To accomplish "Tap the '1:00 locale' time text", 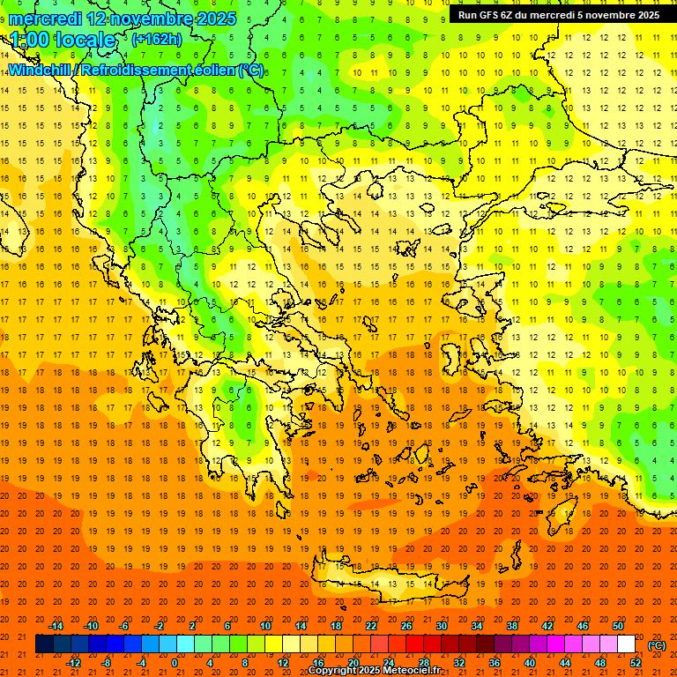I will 63,40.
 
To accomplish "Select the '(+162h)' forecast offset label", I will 157,40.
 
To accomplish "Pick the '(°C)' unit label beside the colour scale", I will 657,645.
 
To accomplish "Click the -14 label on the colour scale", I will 57,626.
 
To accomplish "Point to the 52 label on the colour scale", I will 636,663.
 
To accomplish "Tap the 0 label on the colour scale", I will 175,663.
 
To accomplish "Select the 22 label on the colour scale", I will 371,626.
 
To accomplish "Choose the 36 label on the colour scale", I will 494,663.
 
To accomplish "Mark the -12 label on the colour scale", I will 73,663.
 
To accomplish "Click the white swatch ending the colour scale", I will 627,644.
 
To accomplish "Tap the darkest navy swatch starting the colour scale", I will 44,644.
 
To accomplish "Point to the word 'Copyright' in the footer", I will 332,671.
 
